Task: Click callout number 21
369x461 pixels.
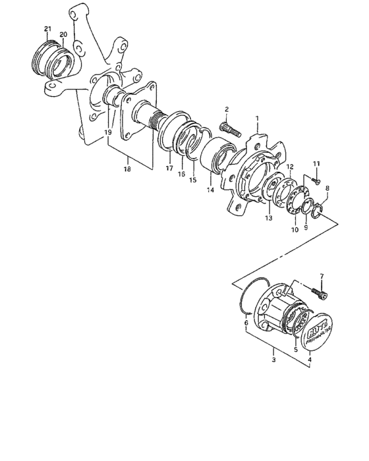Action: coord(47,28)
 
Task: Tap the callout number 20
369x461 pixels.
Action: coord(63,35)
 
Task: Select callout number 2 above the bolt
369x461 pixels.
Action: coord(226,109)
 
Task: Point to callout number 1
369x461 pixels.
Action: coord(258,119)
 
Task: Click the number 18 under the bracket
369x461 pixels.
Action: coord(127,169)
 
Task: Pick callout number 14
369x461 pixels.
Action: coord(211,192)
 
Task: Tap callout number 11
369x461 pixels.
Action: coord(316,163)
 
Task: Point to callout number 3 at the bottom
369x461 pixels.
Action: coord(273,360)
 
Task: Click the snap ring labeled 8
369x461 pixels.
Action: coord(320,211)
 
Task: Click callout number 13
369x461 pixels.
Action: coord(268,218)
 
